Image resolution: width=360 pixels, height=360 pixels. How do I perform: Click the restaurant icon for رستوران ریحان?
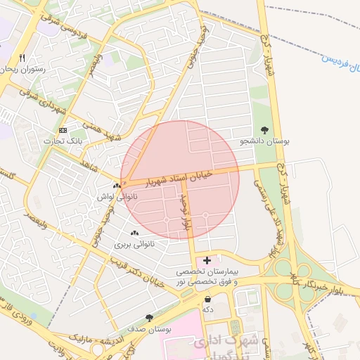22,58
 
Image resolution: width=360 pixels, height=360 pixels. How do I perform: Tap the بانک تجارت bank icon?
63,131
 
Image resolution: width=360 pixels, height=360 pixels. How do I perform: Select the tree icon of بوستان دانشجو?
264,130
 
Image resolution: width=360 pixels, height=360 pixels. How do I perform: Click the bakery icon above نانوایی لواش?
116,186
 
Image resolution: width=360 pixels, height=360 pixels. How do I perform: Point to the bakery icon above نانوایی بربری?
134,233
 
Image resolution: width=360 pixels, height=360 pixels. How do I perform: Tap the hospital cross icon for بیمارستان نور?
207,260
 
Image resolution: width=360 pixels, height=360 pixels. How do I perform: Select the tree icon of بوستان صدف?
148,318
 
